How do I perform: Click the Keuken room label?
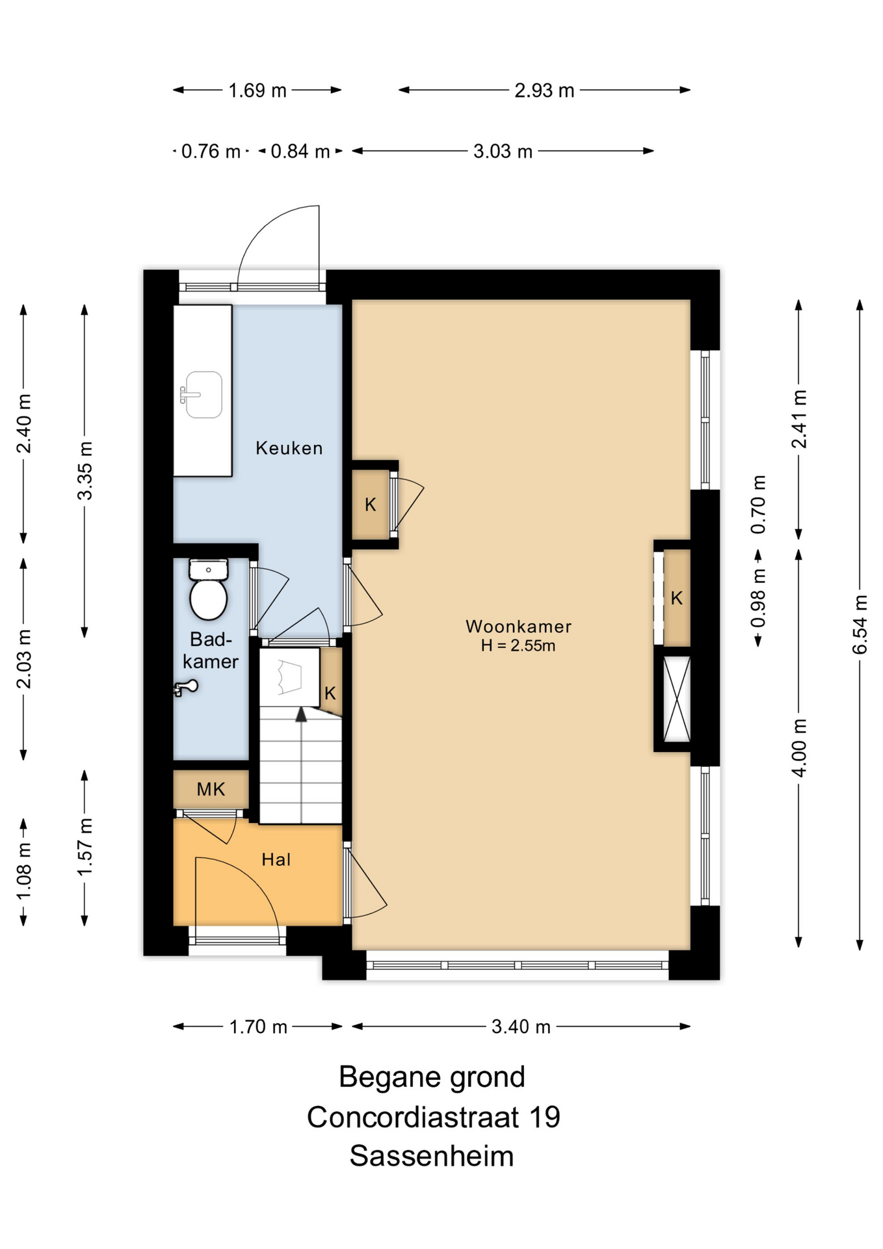point(289,448)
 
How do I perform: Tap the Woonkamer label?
point(518,626)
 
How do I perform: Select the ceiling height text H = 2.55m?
point(518,645)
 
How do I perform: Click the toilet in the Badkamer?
point(208,589)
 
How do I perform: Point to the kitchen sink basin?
point(203,394)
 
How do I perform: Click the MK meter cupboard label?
point(211,789)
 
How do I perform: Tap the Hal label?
point(276,859)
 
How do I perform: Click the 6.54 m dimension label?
point(860,624)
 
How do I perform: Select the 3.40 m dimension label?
point(521,1027)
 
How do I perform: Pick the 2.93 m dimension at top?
point(544,90)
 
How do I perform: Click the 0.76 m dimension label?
point(211,152)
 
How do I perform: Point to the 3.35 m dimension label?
point(85,470)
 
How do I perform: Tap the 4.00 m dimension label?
point(798,748)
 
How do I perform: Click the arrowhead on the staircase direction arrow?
point(301,714)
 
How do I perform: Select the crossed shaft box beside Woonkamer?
point(676,699)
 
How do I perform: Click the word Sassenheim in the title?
point(432,1156)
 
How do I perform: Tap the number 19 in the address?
point(544,1117)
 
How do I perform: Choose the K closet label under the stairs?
point(330,693)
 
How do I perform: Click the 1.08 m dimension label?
point(24,872)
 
